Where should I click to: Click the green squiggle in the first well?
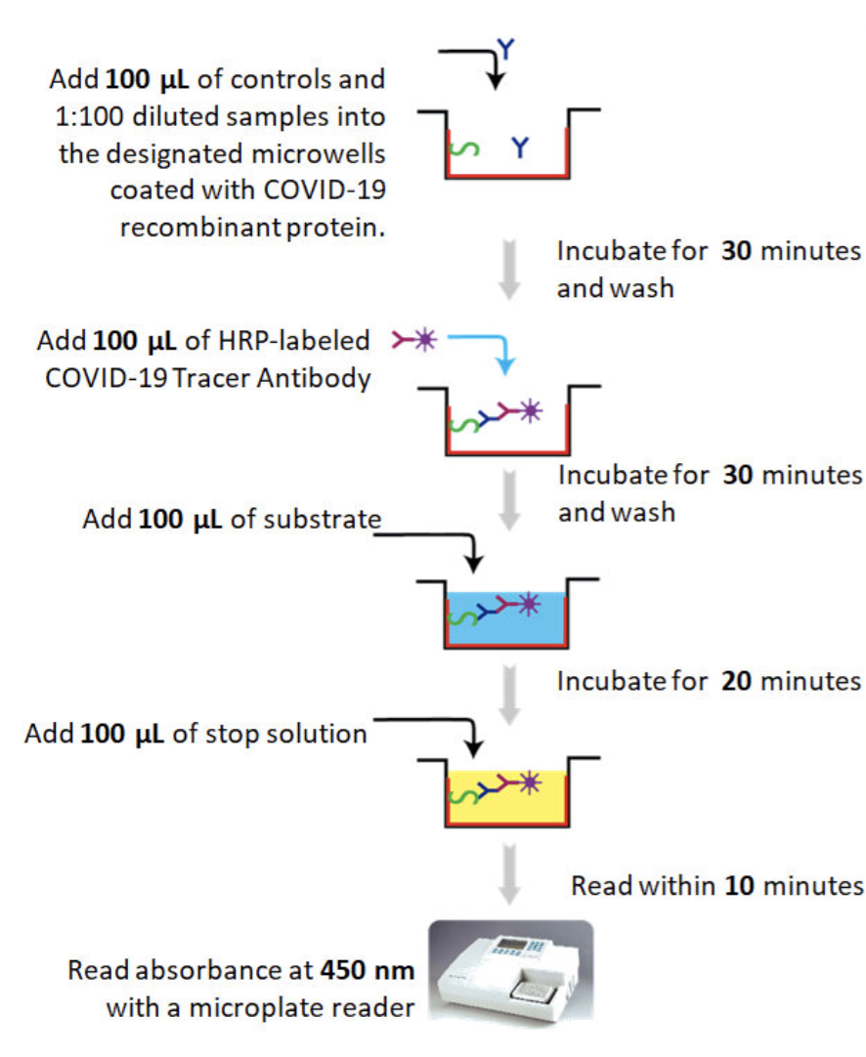(x=463, y=151)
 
